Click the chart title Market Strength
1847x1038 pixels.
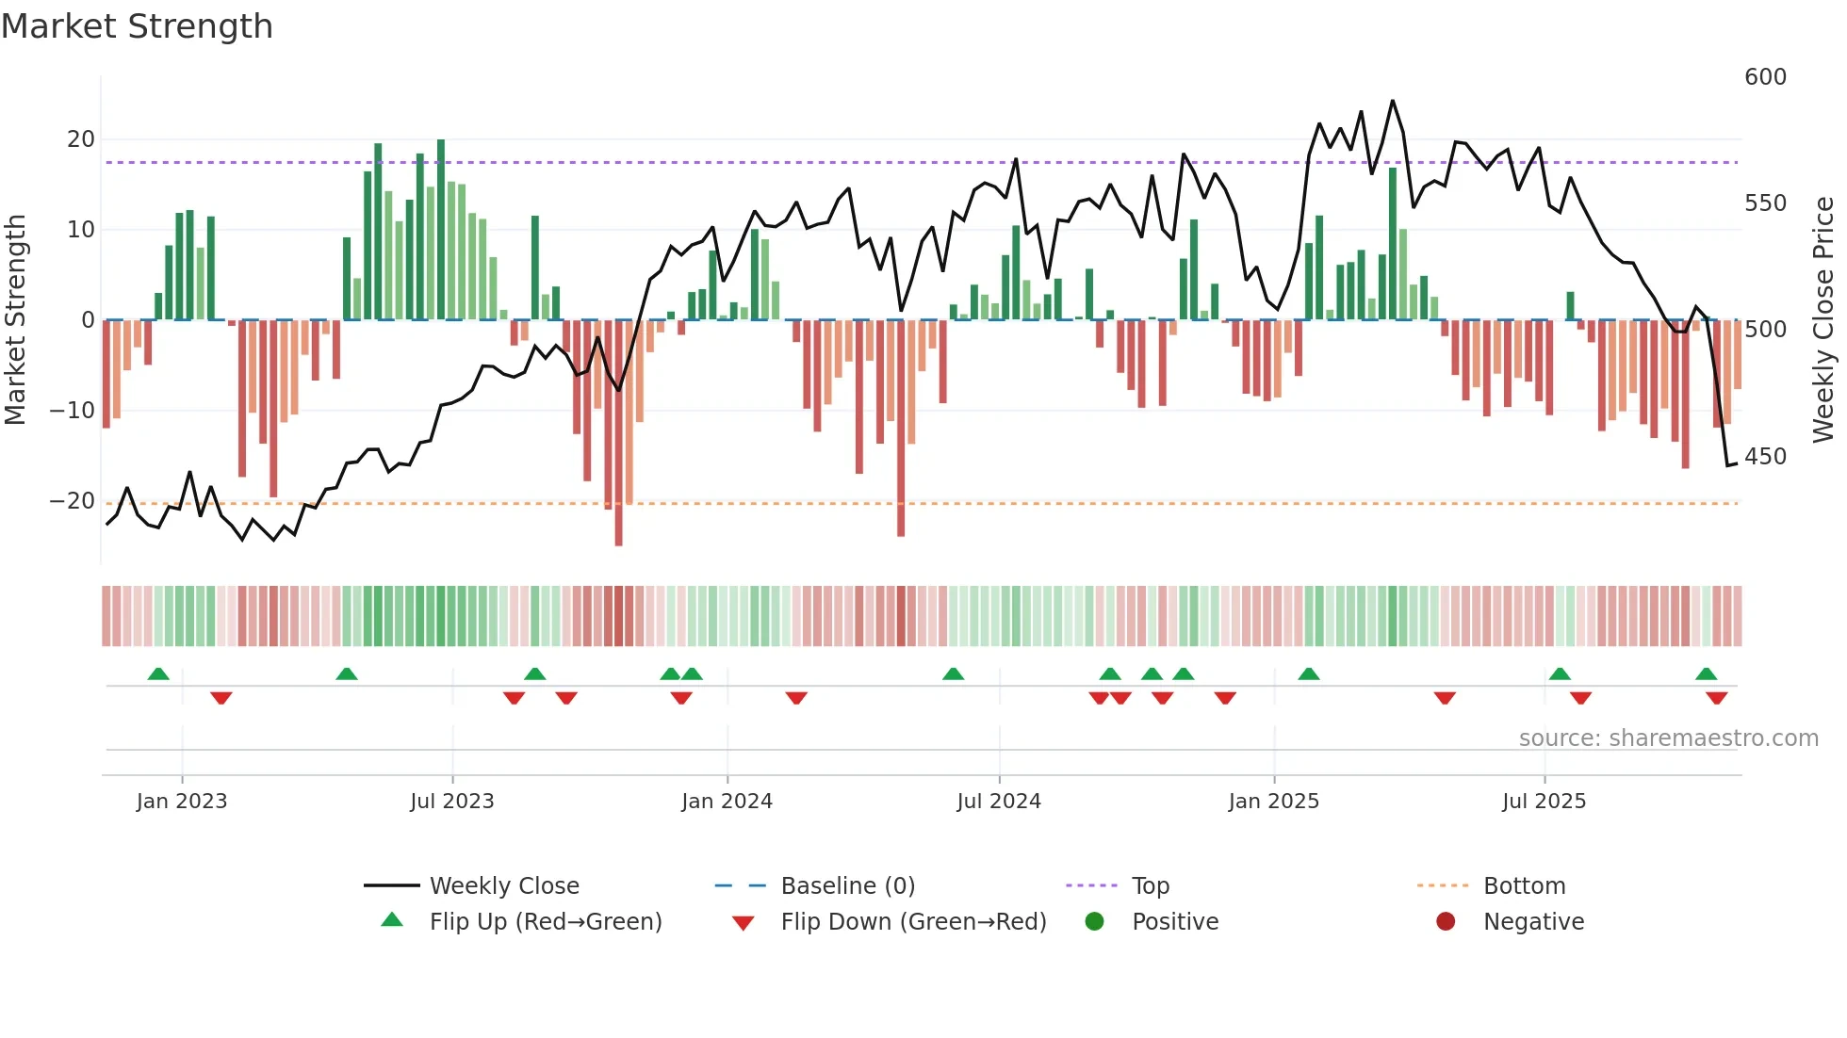coord(137,26)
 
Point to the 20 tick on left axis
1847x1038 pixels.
coord(81,139)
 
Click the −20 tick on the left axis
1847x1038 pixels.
coord(73,501)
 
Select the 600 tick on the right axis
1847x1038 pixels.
coord(1765,77)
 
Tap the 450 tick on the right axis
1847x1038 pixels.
coord(1765,457)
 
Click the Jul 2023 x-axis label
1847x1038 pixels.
coord(452,802)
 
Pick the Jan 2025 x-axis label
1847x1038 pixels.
coord(1274,802)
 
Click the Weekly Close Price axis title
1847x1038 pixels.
coord(1823,320)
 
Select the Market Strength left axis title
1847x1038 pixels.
coord(16,320)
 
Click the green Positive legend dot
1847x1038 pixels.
coord(1094,922)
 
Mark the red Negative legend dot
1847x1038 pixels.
coord(1446,922)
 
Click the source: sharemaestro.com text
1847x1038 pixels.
coord(1668,738)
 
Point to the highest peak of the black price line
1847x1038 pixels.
coord(1393,101)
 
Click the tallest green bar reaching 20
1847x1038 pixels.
coord(441,230)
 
